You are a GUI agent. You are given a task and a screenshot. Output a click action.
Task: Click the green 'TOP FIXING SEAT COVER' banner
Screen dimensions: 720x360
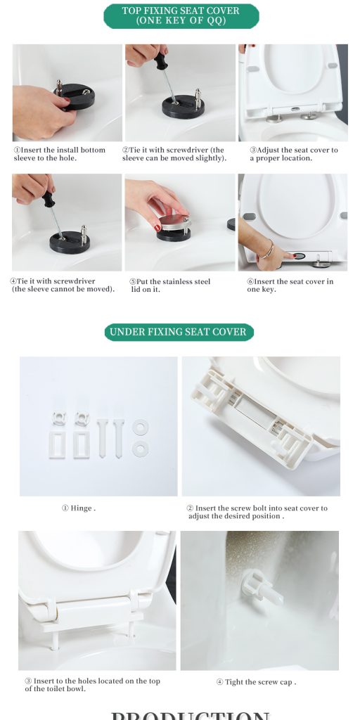(x=181, y=15)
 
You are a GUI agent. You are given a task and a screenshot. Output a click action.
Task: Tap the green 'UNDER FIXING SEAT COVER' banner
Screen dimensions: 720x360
(x=179, y=332)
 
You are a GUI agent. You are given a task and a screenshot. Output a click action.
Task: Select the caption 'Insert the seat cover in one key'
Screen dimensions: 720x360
(x=290, y=285)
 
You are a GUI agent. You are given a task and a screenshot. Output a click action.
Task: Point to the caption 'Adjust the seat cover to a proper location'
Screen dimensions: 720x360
(x=293, y=154)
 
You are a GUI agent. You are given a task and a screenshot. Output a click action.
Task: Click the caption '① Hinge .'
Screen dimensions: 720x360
(x=78, y=508)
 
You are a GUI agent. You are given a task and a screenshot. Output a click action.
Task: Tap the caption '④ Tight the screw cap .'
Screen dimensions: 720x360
(x=256, y=682)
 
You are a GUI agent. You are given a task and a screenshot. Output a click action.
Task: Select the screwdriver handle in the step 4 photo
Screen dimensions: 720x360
(x=48, y=200)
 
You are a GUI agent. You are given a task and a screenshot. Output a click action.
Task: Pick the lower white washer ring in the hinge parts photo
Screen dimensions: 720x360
(x=139, y=447)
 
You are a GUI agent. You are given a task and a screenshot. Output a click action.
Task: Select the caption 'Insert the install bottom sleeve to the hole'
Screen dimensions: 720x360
(x=60, y=154)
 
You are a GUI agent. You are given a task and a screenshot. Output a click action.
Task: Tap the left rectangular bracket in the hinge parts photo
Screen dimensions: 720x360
(x=57, y=444)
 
